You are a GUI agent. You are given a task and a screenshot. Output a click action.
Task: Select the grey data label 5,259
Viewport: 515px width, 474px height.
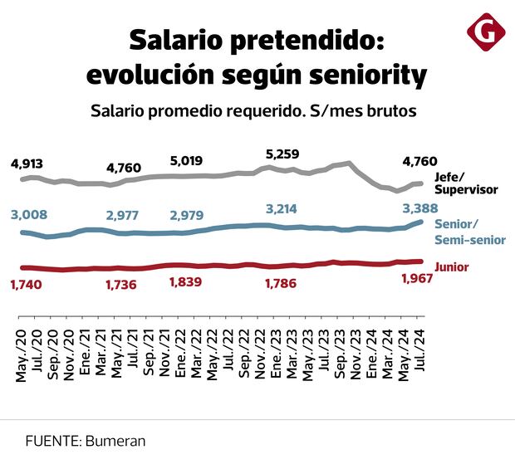pos(282,154)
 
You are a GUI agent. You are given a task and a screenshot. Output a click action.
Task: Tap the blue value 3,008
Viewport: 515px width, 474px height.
pos(29,216)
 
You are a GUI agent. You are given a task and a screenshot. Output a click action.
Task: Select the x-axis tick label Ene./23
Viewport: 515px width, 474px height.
pos(275,359)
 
